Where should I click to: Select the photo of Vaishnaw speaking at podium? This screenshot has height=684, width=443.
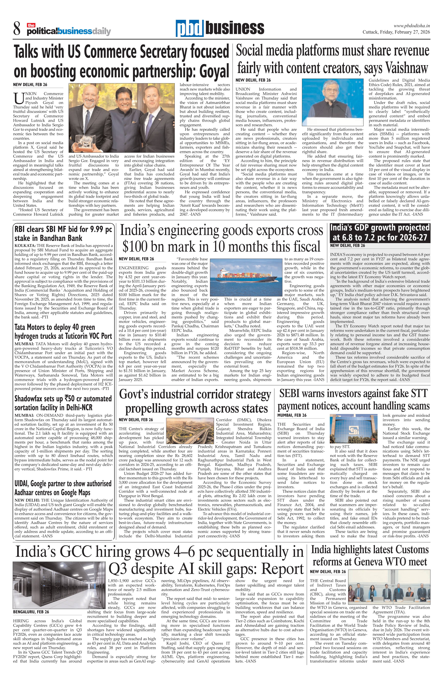coord(333,102)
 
